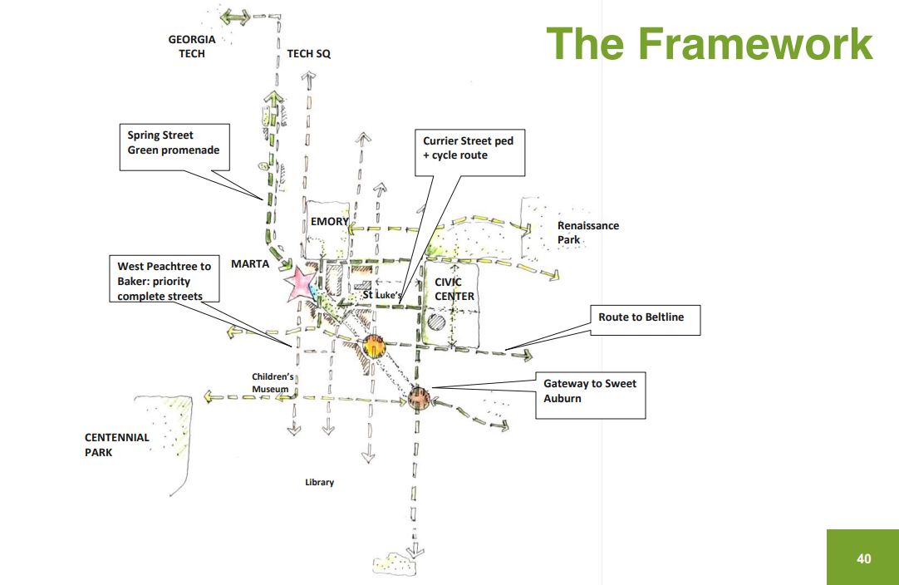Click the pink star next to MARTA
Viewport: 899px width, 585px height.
299,284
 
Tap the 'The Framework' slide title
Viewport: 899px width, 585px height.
710,43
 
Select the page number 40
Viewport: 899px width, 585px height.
863,558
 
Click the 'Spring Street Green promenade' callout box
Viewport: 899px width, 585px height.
174,147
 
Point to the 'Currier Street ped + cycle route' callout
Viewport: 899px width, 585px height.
469,152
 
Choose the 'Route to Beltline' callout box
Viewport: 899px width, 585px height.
645,320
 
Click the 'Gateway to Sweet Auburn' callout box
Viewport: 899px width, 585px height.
591,396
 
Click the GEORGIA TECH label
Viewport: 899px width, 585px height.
191,47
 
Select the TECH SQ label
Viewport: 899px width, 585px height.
308,53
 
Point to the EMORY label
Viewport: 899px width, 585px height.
330,221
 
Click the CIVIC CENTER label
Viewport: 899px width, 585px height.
454,289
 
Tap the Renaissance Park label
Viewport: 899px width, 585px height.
588,233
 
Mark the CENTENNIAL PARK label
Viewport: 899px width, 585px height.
117,445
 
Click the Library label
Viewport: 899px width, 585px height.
319,482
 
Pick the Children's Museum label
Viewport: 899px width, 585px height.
273,382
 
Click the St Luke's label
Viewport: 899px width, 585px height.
382,295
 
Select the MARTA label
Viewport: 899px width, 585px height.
250,263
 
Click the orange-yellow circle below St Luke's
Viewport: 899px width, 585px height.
375,347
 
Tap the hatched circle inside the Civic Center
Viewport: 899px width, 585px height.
436,322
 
